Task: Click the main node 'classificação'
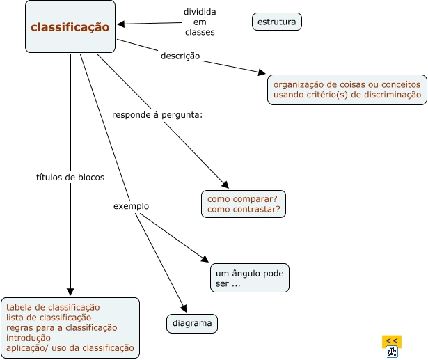pos(70,27)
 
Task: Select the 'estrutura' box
pos(277,22)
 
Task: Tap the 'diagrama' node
pos(192,324)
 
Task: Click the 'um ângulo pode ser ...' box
pos(249,279)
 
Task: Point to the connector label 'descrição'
pos(180,56)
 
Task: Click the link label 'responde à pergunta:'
pos(157,114)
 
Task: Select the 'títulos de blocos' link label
pos(70,178)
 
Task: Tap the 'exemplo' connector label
pos(131,206)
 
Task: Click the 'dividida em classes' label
pos(200,22)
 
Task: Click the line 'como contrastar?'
pos(244,209)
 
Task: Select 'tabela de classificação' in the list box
pos(53,307)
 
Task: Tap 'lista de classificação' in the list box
pos(49,318)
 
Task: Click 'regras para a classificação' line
pos(61,328)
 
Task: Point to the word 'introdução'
pos(29,338)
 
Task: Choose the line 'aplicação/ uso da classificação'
pos(70,348)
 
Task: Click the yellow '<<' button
pos(391,341)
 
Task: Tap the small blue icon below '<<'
pos(391,352)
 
